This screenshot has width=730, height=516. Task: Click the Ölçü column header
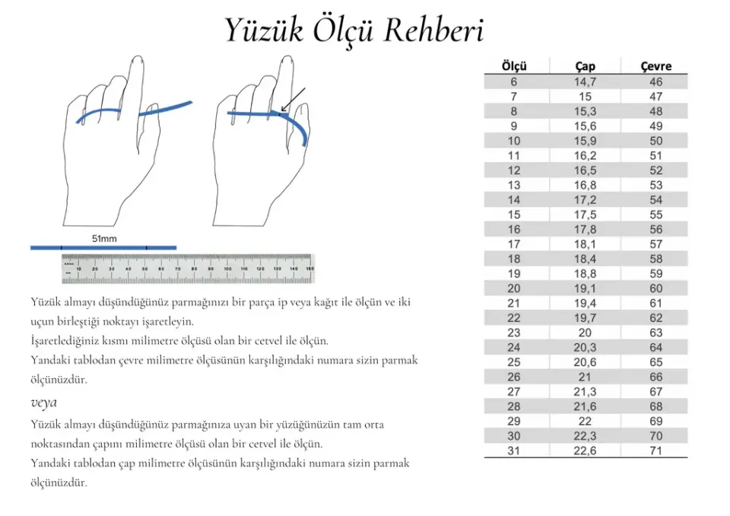click(x=514, y=66)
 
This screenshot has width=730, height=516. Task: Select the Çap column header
click(x=585, y=66)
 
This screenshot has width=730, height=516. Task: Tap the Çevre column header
click(x=655, y=66)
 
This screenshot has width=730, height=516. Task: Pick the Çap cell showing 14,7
click(x=585, y=81)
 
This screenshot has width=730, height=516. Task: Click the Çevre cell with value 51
click(x=655, y=155)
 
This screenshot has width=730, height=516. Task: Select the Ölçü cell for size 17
click(x=514, y=244)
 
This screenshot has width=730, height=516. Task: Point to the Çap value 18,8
click(x=585, y=273)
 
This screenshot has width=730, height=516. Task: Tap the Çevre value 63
click(x=655, y=333)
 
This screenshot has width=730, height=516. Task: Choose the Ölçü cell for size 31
click(x=514, y=451)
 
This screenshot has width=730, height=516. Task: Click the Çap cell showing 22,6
click(x=585, y=451)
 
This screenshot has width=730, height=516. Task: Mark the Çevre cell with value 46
click(x=655, y=81)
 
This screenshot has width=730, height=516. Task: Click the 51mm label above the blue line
click(x=104, y=238)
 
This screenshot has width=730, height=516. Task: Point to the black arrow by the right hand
click(x=293, y=99)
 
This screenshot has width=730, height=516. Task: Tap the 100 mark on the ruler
click(x=227, y=269)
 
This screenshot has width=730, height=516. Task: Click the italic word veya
click(x=44, y=402)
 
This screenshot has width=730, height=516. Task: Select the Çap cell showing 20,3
click(x=585, y=347)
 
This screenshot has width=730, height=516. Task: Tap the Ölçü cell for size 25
click(x=514, y=362)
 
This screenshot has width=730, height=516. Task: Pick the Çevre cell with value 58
click(x=655, y=259)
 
